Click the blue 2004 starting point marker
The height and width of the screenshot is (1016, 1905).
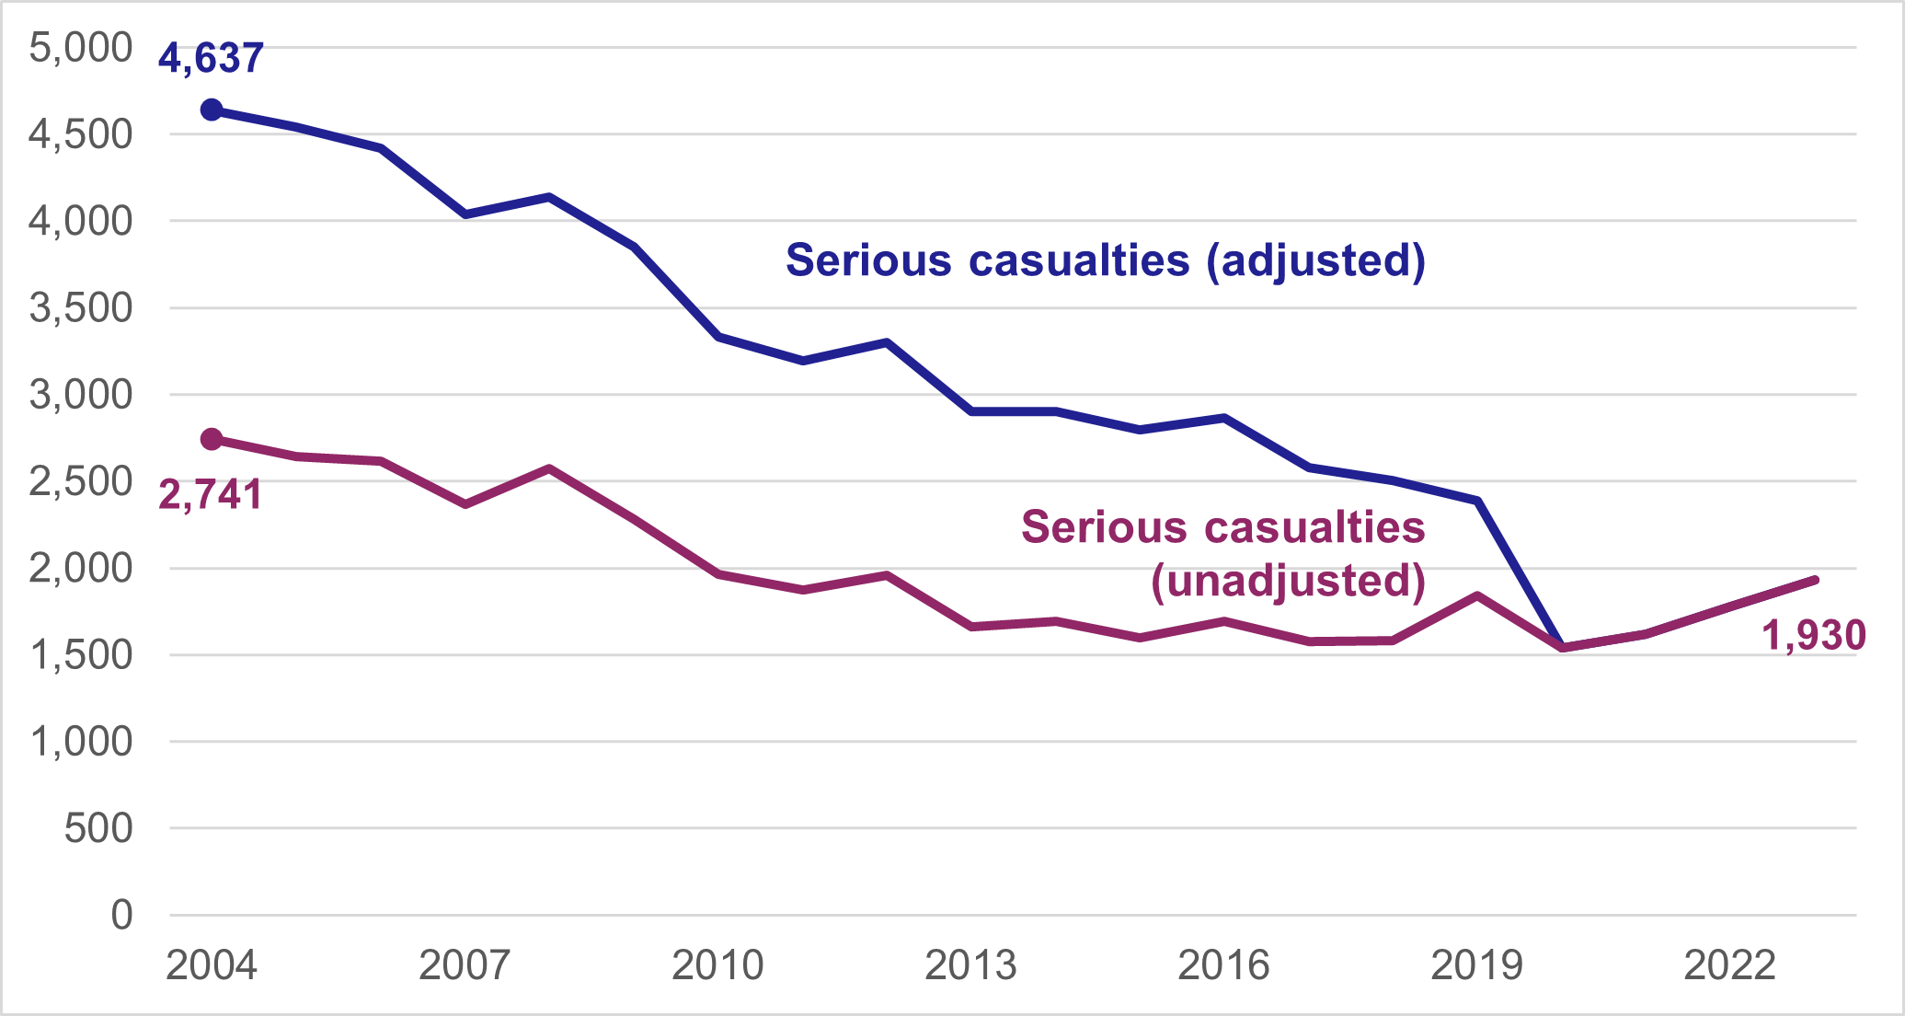click(x=212, y=110)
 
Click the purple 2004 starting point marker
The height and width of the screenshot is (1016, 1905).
click(x=212, y=439)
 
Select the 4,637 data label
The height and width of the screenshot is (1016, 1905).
click(x=211, y=58)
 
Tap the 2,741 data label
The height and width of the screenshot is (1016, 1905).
click(x=211, y=495)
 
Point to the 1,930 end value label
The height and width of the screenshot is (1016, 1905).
click(x=1813, y=636)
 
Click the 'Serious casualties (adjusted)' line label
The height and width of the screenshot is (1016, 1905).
click(x=1105, y=260)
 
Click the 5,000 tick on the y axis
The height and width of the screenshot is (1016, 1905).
click(x=81, y=48)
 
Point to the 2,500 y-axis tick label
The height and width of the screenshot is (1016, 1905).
click(x=81, y=481)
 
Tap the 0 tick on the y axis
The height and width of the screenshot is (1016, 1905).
click(x=121, y=916)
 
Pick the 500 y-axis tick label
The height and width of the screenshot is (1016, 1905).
click(x=98, y=828)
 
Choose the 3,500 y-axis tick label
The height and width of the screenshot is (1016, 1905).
click(x=81, y=308)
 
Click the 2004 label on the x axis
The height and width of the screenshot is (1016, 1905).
click(x=212, y=965)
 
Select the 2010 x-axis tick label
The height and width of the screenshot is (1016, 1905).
click(x=717, y=965)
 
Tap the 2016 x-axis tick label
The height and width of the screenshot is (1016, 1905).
click(x=1223, y=965)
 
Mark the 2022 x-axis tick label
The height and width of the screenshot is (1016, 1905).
click(x=1729, y=965)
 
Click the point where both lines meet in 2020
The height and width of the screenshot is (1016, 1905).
click(x=1562, y=647)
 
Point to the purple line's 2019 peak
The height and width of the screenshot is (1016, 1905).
click(x=1477, y=595)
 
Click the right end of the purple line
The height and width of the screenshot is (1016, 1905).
click(x=1815, y=579)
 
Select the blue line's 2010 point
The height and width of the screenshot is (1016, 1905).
click(x=717, y=337)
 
